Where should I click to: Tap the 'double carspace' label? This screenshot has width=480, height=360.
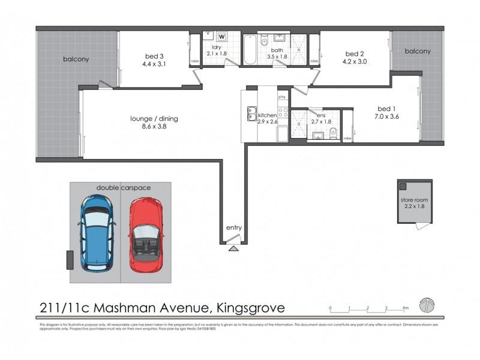(x=124, y=188)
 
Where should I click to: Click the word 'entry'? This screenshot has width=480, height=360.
(x=234, y=228)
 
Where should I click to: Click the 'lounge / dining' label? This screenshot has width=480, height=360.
(x=154, y=119)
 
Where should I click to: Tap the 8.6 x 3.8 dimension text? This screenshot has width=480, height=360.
(x=154, y=127)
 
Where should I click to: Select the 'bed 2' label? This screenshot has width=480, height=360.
(x=353, y=53)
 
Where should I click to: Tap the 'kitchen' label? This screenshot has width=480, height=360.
(x=267, y=115)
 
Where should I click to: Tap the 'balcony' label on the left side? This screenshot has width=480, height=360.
(x=76, y=59)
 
